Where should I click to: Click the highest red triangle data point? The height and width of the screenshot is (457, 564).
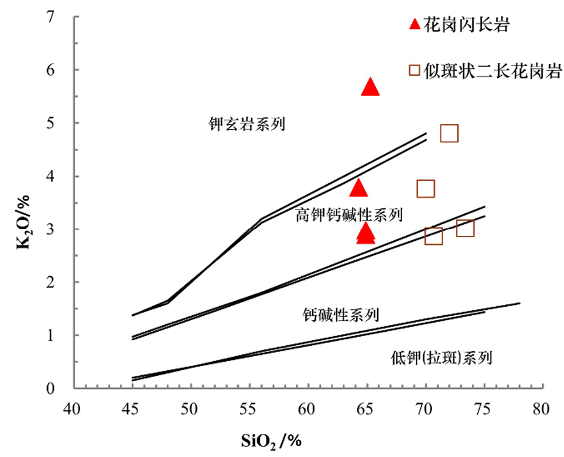click(370, 88)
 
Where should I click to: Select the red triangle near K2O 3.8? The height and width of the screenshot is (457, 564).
click(359, 188)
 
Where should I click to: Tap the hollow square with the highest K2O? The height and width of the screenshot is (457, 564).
click(449, 133)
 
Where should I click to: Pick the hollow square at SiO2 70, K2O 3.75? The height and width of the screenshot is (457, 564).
click(426, 189)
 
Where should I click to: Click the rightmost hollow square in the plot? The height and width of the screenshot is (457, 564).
click(465, 228)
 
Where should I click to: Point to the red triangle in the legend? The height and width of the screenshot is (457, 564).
click(415, 24)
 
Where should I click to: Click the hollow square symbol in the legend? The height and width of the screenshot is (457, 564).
click(415, 70)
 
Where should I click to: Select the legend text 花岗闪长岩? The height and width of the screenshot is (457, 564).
click(467, 25)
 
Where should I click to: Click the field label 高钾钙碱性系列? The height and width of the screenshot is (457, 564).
click(349, 214)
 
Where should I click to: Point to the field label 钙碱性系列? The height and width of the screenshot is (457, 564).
click(341, 315)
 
